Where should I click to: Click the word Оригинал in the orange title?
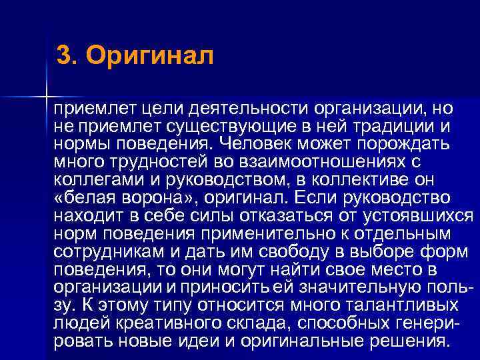150,56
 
